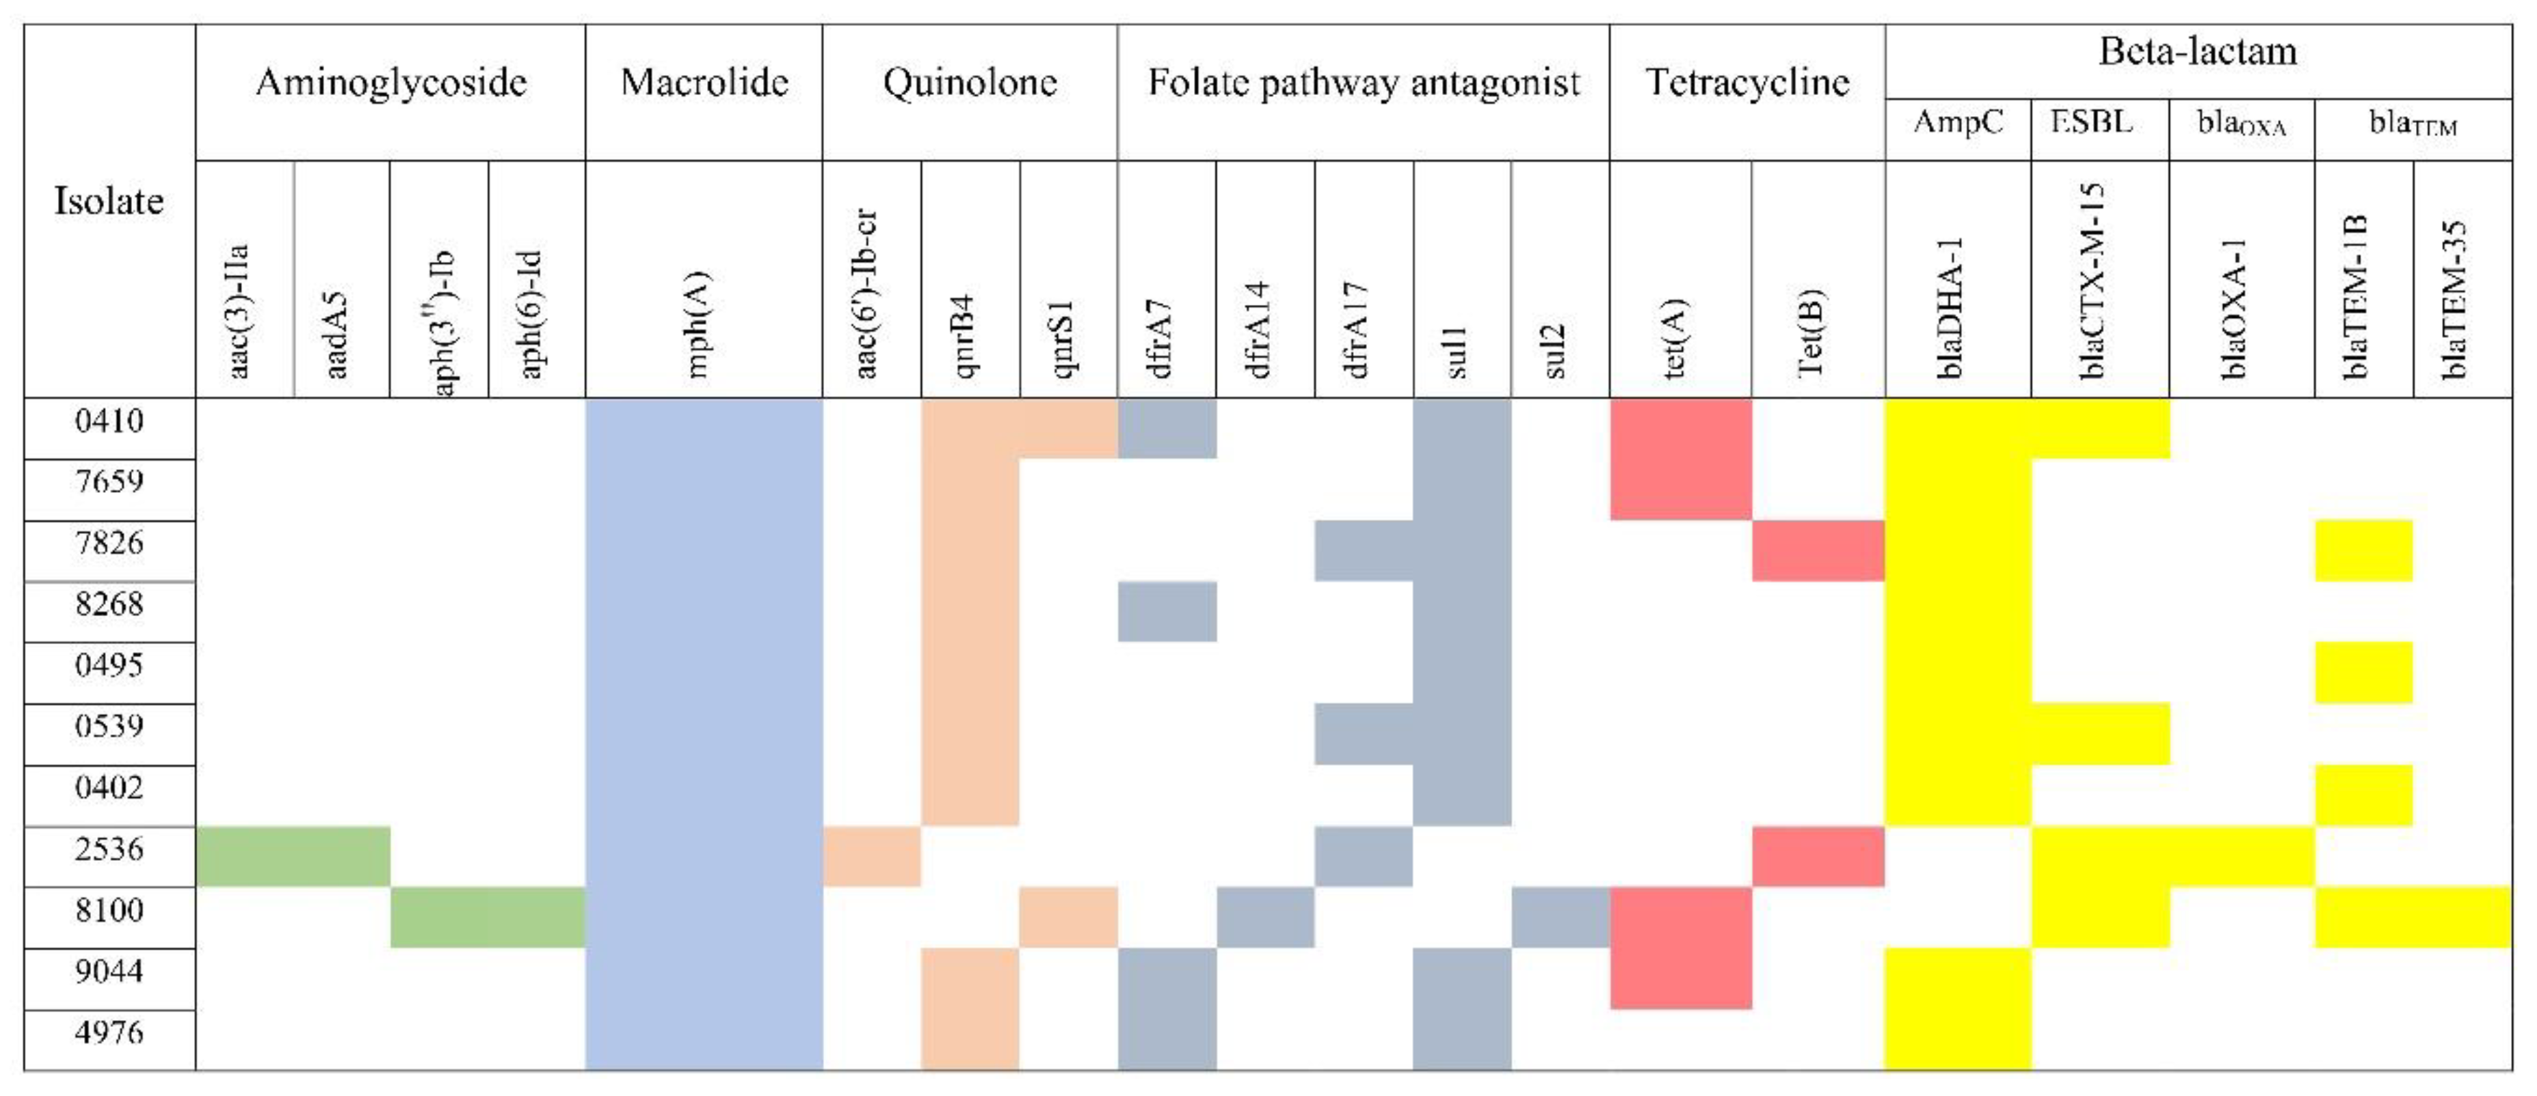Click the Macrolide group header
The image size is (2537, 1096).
[704, 82]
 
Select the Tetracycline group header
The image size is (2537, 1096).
[1747, 82]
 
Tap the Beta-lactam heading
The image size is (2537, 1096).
[2197, 51]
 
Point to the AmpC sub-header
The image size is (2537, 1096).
[1957, 122]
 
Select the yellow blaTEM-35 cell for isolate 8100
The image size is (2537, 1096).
[2462, 918]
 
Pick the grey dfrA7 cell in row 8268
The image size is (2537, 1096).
[1167, 611]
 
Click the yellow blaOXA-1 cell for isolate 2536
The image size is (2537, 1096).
[2242, 857]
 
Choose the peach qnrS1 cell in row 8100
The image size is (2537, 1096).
[1069, 918]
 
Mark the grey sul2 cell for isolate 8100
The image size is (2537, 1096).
[1560, 918]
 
